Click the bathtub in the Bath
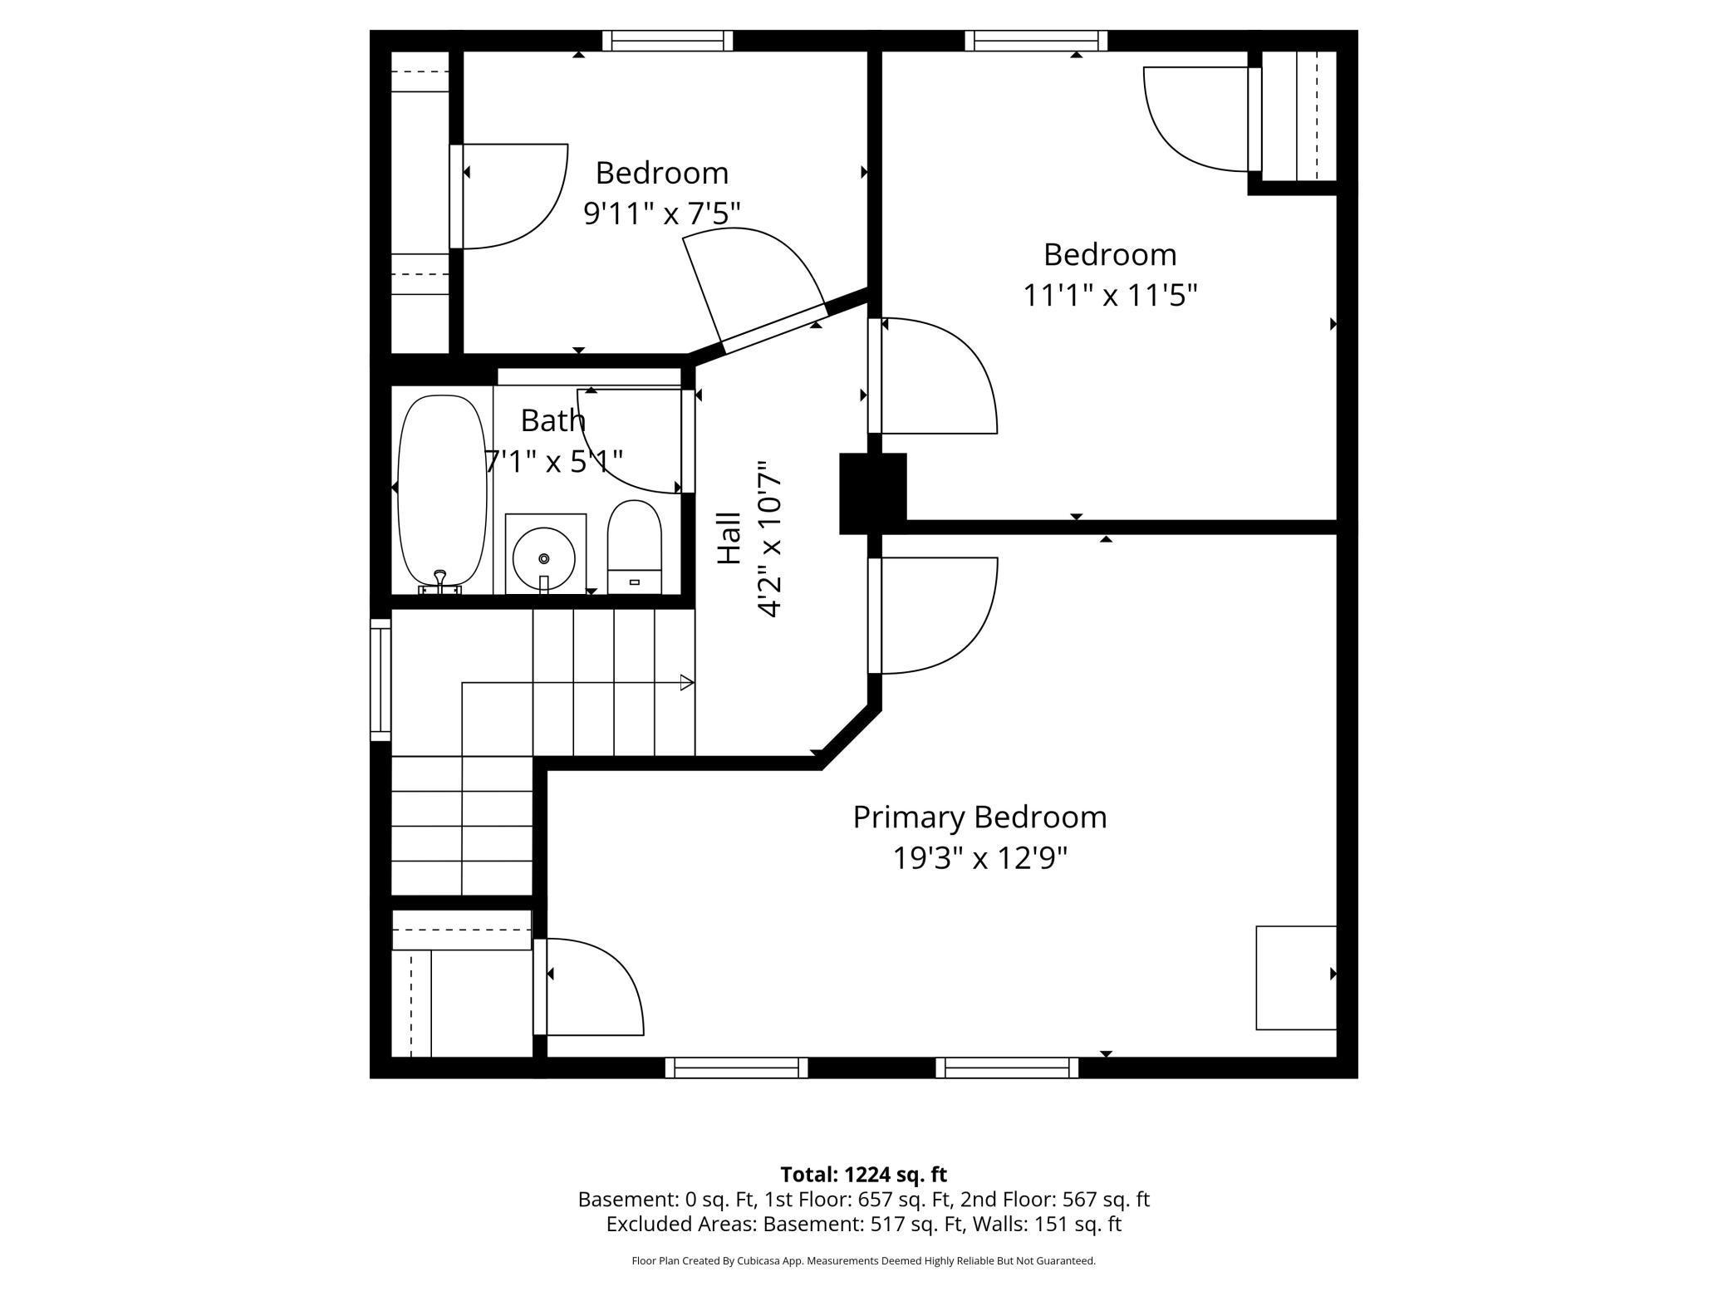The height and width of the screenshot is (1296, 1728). [x=442, y=492]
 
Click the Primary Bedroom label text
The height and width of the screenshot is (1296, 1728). [x=979, y=817]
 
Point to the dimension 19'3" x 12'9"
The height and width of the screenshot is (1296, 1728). [x=979, y=858]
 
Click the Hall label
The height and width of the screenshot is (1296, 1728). [x=729, y=538]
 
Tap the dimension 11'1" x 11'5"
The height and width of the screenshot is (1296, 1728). [x=1110, y=295]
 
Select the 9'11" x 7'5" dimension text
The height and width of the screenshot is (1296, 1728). [x=662, y=214]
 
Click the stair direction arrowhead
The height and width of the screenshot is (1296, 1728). [x=687, y=683]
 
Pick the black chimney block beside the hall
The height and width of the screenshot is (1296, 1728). [x=872, y=493]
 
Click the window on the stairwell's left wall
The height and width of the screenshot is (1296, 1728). [x=380, y=680]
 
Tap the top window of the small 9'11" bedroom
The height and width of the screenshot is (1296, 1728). [x=668, y=41]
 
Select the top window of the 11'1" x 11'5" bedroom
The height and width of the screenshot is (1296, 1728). [x=1036, y=41]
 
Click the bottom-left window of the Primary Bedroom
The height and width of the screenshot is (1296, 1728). [x=736, y=1068]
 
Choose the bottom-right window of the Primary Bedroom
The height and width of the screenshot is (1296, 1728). [x=1007, y=1068]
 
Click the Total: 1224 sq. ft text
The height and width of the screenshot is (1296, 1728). [x=863, y=1175]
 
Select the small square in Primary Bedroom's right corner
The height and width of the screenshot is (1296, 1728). [x=1295, y=978]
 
